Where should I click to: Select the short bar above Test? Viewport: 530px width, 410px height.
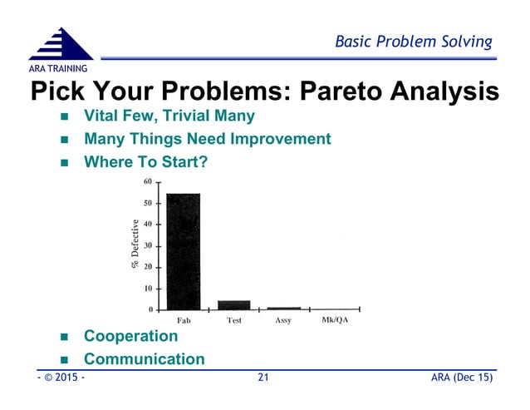pos(233,304)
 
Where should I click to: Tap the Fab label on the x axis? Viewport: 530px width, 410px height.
pos(184,321)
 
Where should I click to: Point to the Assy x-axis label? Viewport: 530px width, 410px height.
pos(282,321)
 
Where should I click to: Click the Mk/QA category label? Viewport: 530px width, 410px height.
pos(334,321)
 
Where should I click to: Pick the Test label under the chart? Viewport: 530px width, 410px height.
pos(233,321)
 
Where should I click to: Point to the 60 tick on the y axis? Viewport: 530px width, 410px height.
pos(147,181)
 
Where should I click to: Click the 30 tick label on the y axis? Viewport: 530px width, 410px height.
pos(147,246)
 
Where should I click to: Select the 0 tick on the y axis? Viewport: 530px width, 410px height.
pos(150,310)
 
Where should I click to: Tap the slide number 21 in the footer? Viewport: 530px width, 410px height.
pos(264,378)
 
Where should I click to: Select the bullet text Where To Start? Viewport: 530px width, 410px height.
pos(145,162)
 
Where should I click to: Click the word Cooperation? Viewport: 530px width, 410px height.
pos(130,336)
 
